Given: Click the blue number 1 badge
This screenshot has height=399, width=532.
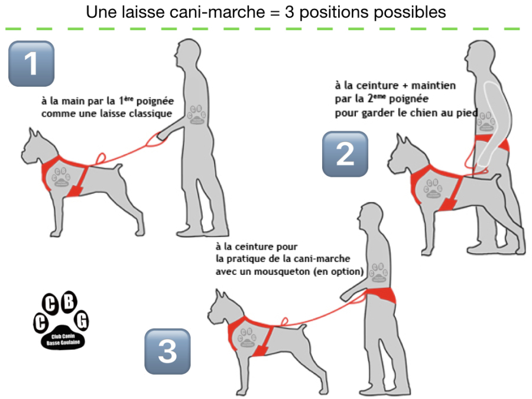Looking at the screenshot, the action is (31, 63).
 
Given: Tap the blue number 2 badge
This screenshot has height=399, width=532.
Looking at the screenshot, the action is (345, 154).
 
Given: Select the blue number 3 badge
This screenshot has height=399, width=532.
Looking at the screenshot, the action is (168, 351).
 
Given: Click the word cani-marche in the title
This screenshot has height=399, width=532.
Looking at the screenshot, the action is (217, 12).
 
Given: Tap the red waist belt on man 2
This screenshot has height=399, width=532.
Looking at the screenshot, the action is (492, 142).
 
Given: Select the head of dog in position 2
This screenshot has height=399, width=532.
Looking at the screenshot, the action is (404, 154).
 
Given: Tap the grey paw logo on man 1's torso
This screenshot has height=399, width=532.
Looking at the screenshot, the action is (197, 114).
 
